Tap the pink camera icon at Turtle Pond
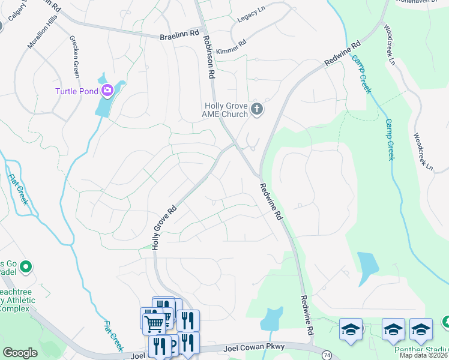click(x=108, y=91)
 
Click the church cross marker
click(x=257, y=109)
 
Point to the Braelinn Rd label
click(x=179, y=37)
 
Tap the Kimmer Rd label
click(x=231, y=47)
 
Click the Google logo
click(x=20, y=353)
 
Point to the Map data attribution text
click(x=423, y=355)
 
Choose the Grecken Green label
click(x=75, y=58)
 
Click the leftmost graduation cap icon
click(x=351, y=329)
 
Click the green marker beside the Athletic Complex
click(x=26, y=266)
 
